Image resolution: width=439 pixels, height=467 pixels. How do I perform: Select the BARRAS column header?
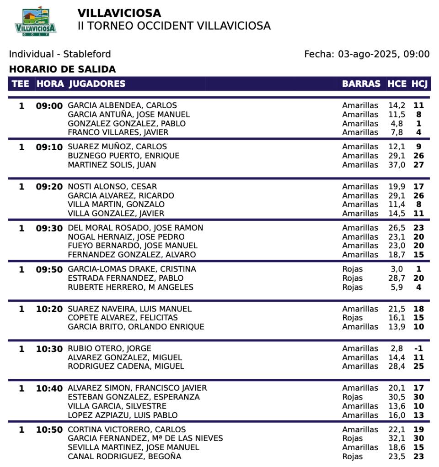pos(361,84)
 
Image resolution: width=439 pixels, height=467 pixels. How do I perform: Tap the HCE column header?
pos(397,84)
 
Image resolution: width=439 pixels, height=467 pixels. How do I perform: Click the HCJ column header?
pos(419,84)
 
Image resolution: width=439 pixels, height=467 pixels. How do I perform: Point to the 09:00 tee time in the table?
pos(49,106)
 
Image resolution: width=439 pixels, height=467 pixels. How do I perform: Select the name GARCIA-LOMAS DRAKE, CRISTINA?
pos(132,269)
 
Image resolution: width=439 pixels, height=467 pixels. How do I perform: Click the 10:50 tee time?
pos(49,430)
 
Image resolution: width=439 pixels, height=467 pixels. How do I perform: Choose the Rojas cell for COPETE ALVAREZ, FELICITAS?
pos(352,318)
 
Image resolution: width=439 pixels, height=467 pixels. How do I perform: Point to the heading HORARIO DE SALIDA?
pos(62,69)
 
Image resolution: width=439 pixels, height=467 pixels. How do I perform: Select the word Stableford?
pos(87,54)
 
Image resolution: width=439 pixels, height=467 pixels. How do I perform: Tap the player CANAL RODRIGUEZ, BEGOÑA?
pos(124,457)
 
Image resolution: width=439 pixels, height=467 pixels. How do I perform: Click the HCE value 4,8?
pos(397,124)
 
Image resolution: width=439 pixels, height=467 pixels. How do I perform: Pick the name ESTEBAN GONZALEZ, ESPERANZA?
pos(134,397)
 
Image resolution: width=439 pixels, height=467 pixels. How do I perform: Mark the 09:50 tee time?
pos(49,269)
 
